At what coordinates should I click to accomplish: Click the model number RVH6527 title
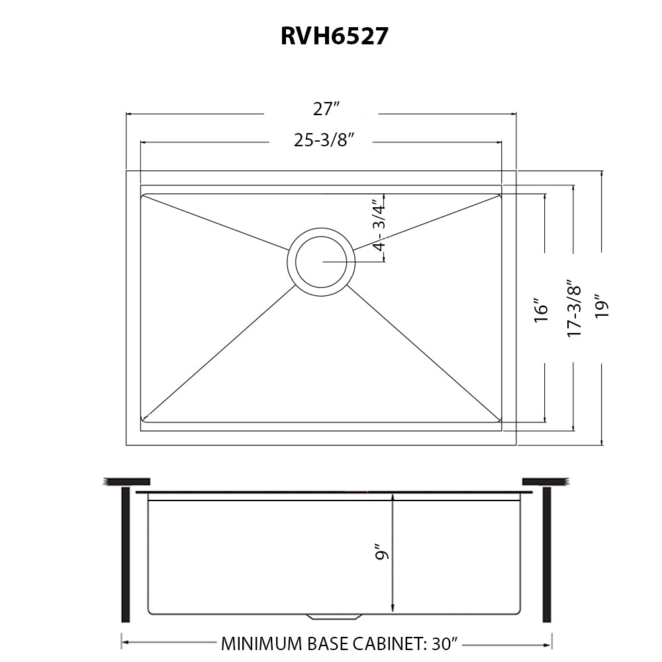[x=334, y=36]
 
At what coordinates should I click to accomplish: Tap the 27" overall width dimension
[x=326, y=109]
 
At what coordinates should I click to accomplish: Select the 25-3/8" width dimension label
[x=324, y=140]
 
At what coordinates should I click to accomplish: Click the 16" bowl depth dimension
[x=542, y=310]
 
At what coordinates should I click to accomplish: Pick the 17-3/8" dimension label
[x=574, y=308]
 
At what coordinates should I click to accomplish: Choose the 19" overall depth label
[x=602, y=306]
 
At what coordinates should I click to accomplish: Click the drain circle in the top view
[x=321, y=228]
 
